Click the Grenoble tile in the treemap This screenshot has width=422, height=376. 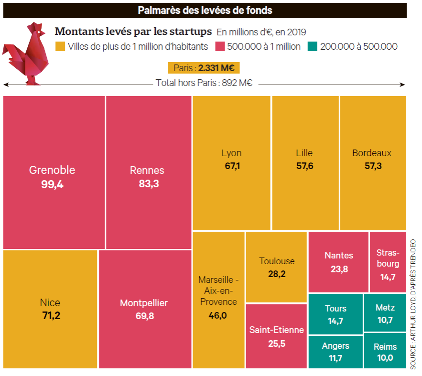tap(54, 172)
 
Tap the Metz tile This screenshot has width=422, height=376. tap(385, 313)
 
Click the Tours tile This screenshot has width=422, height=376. tap(335, 314)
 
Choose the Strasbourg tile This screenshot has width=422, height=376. tap(388, 263)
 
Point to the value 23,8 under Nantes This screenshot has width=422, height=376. tap(339, 269)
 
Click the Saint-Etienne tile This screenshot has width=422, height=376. tap(276, 336)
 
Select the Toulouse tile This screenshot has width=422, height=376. tap(277, 267)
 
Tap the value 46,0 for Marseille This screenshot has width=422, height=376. tap(218, 315)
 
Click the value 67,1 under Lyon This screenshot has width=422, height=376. tap(231, 166)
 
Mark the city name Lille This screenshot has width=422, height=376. tap(304, 153)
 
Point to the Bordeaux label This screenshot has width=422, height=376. tap(372, 153)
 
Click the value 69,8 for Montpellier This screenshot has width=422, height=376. tap(144, 316)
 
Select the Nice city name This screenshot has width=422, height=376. tap(50, 302)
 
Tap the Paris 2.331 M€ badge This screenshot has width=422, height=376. tap(204, 68)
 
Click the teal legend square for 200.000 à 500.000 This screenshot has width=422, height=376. tap(313, 46)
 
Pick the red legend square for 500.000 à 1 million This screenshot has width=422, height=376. tap(220, 46)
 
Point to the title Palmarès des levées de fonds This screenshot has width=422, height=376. tap(205, 10)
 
